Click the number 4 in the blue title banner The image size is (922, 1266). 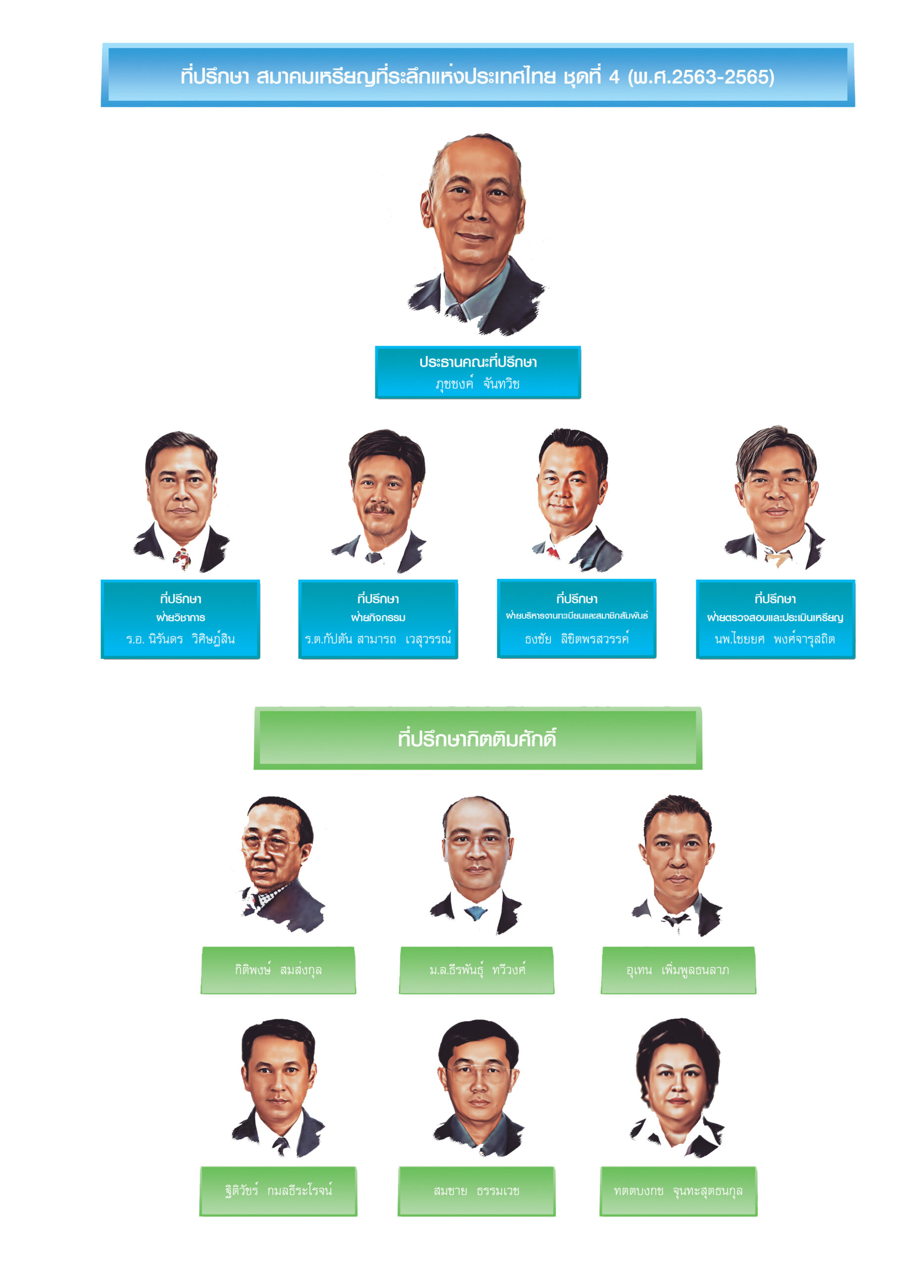(614, 77)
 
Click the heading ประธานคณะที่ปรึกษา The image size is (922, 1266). (478, 362)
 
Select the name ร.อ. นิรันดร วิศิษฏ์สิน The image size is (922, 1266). (180, 638)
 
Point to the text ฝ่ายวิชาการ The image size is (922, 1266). (180, 617)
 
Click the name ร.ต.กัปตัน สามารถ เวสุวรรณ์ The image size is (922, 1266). (378, 638)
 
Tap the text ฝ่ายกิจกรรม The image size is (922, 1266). (378, 617)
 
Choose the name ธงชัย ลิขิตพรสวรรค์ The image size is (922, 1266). (577, 638)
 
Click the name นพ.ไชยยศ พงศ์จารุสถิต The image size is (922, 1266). (775, 638)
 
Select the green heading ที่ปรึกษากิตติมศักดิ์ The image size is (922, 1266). (478, 738)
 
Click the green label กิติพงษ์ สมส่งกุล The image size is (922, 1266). (278, 970)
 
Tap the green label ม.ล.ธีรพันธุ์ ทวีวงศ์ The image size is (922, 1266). (477, 970)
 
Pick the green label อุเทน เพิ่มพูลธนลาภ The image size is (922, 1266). (678, 970)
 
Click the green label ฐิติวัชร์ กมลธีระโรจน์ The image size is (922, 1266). (278, 1191)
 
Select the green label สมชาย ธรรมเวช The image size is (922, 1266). (477, 1191)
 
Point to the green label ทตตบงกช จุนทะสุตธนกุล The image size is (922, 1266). (678, 1191)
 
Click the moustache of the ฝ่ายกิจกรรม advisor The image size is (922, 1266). (379, 509)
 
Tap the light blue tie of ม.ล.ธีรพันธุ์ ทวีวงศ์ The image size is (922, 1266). (476, 913)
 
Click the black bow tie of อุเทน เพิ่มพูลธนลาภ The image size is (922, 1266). (676, 919)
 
